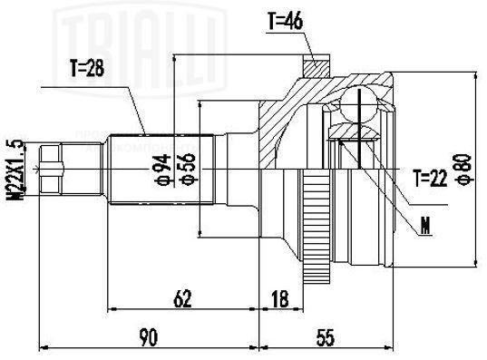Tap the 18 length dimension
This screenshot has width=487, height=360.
(278, 295)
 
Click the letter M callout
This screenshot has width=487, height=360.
(423, 227)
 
